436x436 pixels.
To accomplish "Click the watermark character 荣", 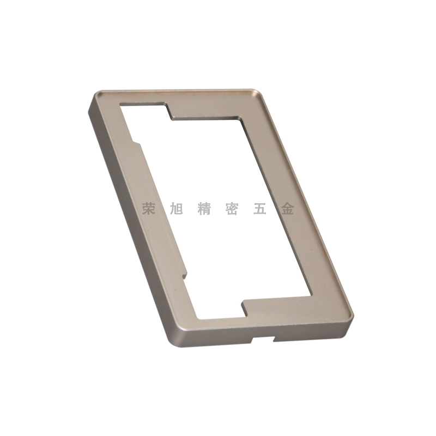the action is tap(148, 209).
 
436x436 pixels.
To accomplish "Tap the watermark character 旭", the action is tap(176, 209).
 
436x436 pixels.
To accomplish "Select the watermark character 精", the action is tap(204, 209).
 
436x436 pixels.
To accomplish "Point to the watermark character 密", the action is tap(232, 209).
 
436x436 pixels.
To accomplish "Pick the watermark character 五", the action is tap(260, 209).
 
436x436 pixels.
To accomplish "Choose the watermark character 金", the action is tap(288, 209).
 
